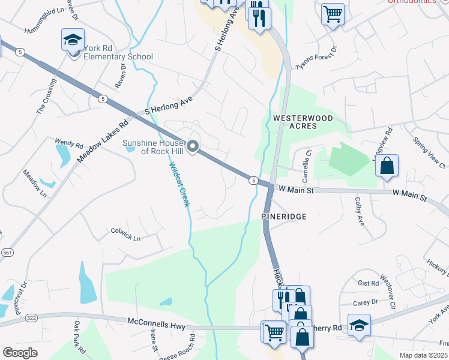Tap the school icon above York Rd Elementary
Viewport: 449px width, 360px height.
(x=73, y=40)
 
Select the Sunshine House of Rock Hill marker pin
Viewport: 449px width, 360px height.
(x=193, y=146)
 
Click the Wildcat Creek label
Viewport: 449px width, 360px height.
(x=179, y=185)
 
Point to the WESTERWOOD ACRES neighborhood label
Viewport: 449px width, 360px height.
(x=303, y=124)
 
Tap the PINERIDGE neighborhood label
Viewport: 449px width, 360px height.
(x=284, y=215)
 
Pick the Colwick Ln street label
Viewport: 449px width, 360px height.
(x=125, y=234)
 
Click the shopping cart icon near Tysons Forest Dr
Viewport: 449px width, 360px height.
(x=333, y=13)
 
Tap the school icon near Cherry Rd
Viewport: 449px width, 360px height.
(x=359, y=326)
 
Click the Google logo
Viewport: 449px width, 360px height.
(x=20, y=353)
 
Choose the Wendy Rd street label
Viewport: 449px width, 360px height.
(x=68, y=144)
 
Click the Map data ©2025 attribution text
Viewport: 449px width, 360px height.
(x=423, y=355)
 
